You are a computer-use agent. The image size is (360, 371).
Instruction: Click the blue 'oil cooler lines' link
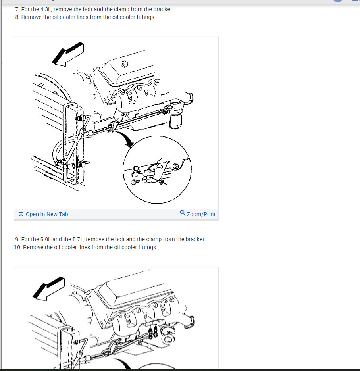(x=70, y=17)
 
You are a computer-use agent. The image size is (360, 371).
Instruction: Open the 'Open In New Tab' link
(x=47, y=214)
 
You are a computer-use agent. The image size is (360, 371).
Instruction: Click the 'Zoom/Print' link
(x=201, y=214)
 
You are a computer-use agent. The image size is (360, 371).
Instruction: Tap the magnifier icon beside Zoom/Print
(x=183, y=213)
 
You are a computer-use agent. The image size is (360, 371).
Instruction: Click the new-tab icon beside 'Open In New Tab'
(x=21, y=214)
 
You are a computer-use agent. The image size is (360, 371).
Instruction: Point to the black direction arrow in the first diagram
(x=68, y=54)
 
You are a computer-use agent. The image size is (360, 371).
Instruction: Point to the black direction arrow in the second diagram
(x=49, y=288)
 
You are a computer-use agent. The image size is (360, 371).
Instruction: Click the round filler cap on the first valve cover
(x=125, y=64)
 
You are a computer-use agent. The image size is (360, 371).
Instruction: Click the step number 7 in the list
(x=17, y=9)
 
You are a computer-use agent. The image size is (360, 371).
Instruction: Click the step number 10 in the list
(x=17, y=247)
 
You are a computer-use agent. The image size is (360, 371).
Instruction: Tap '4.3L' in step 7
(x=46, y=9)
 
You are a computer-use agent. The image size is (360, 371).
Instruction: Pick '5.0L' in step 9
(x=46, y=239)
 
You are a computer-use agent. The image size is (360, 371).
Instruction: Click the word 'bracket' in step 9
(x=195, y=239)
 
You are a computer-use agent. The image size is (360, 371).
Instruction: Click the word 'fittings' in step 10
(x=147, y=247)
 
